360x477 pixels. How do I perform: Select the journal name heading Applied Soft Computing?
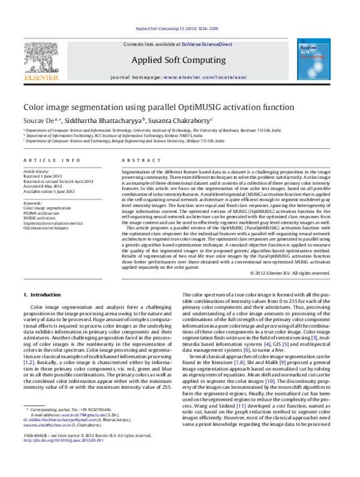click(179, 59)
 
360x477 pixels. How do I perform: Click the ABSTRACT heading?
click(136, 160)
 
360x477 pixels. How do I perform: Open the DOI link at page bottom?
click(62, 457)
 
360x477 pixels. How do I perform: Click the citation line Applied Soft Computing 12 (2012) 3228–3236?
click(179, 28)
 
